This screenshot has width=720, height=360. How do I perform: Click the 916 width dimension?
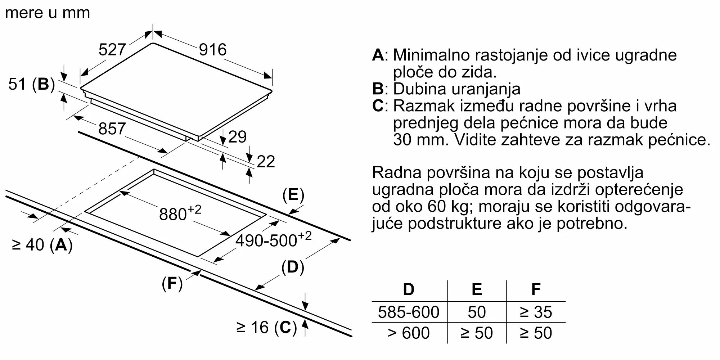[213, 50]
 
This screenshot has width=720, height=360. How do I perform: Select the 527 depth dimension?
[112, 50]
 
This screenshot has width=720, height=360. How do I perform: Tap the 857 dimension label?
[112, 129]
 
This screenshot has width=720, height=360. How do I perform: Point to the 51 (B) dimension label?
[31, 84]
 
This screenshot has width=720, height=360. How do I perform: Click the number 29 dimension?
[237, 137]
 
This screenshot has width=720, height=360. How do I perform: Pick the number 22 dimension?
[266, 162]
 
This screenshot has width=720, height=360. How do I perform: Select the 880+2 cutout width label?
[180, 213]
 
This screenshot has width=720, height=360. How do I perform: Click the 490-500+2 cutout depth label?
[273, 239]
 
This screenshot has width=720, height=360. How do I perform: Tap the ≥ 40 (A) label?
[42, 245]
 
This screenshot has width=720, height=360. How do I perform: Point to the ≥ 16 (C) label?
[267, 328]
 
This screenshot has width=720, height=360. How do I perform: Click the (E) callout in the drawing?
[293, 195]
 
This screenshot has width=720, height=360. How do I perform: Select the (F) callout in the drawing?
[172, 284]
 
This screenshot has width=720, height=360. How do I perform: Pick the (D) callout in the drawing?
[292, 267]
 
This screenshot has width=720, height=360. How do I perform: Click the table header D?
[409, 289]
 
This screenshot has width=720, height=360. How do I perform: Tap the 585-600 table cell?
[409, 312]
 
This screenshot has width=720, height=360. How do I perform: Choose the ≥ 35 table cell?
[536, 312]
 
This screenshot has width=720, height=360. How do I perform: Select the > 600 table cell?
[409, 333]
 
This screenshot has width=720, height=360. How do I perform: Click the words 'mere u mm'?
[48, 13]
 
